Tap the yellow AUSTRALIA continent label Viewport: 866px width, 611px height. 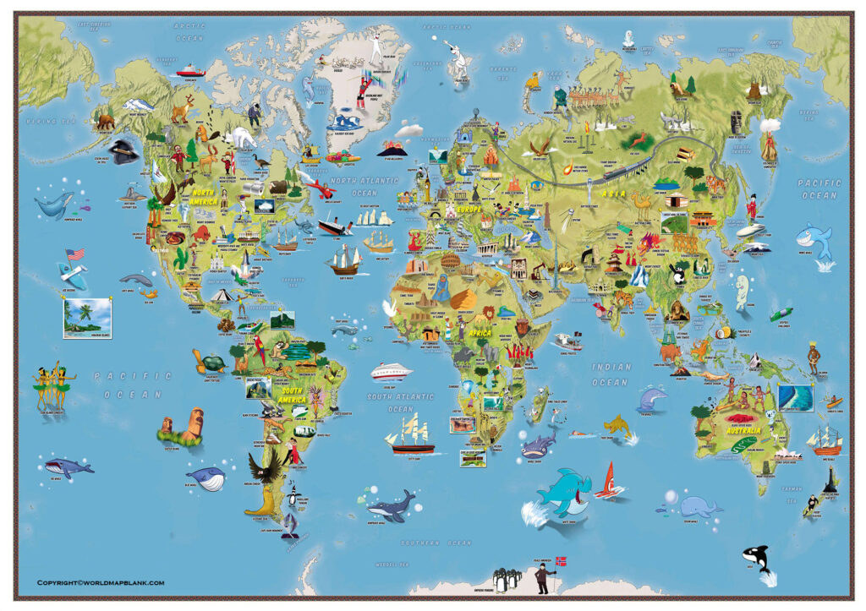744,430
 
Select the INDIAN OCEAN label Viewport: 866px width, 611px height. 610,374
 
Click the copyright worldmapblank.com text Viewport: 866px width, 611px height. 100,582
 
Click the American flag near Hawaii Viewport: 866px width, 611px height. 74,254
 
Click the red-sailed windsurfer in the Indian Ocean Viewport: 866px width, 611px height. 610,481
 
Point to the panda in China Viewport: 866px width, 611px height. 677,272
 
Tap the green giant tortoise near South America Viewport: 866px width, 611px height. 210,363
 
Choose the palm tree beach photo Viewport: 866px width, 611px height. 86,318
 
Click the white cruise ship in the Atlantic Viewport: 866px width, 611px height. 390,371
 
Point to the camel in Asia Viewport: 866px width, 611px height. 641,202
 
